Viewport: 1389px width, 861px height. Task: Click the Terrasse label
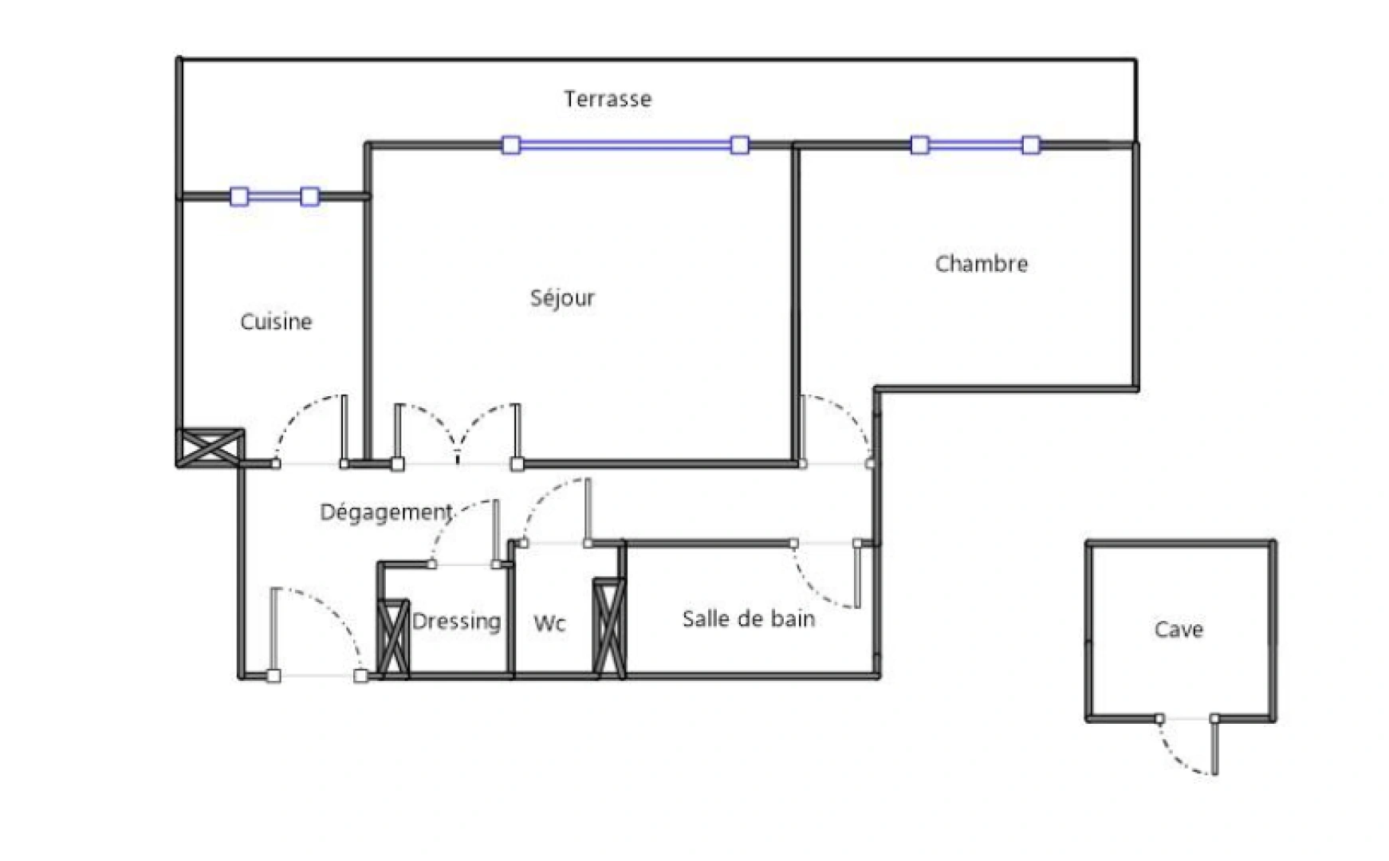coord(608,99)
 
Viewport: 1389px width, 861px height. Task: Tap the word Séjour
coord(562,298)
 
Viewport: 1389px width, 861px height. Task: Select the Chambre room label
coord(981,264)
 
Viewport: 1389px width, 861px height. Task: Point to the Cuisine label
coord(276,322)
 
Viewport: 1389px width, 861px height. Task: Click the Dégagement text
coord(386,512)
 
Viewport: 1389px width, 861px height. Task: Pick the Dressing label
coord(456,621)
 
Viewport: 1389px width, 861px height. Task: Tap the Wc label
coord(549,623)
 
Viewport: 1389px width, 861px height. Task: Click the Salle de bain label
coord(748,619)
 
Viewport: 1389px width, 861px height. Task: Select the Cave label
coord(1178,630)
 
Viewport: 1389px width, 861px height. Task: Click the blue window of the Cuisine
coord(274,196)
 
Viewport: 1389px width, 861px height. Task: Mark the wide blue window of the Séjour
coord(625,145)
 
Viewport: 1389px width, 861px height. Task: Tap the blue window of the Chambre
coord(974,145)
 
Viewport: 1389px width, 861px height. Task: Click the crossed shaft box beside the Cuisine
coord(211,447)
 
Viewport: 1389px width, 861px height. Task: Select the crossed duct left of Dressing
coord(392,639)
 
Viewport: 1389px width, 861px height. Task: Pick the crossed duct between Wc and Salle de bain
coord(609,628)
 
